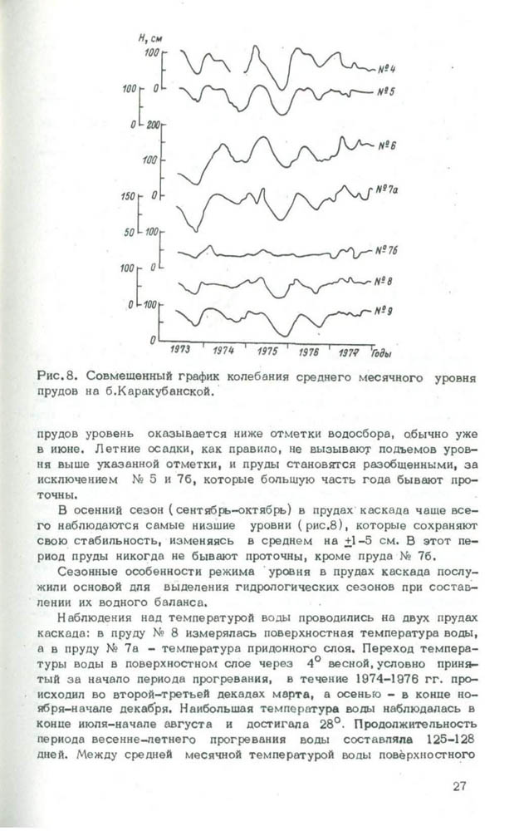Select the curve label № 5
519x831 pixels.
tap(373, 90)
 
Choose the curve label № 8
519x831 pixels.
tap(384, 281)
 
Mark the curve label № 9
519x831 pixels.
tap(381, 311)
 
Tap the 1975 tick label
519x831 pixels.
tap(267, 352)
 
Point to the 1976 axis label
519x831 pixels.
tap(309, 352)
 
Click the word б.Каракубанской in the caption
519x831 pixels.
tap(162, 392)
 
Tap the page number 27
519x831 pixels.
tap(463, 785)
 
